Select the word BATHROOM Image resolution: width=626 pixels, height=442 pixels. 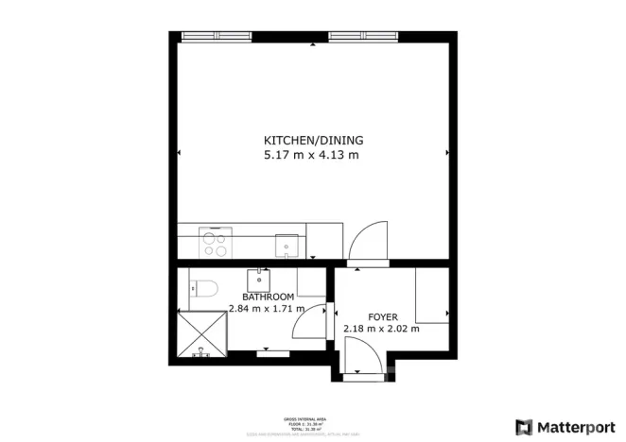click(255, 297)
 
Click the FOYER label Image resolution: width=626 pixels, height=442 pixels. click(382, 316)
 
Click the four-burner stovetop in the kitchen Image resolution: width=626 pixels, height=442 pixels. click(215, 245)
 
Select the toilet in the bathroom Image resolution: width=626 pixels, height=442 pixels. click(201, 288)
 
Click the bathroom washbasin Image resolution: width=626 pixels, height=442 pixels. click(259, 280)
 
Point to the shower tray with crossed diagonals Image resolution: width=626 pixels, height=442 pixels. click(202, 332)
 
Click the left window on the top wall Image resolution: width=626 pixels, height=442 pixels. click(216, 37)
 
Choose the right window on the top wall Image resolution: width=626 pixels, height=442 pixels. click(364, 37)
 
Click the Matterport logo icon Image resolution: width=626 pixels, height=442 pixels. click(523, 426)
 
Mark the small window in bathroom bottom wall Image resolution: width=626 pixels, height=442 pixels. click(273, 353)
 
